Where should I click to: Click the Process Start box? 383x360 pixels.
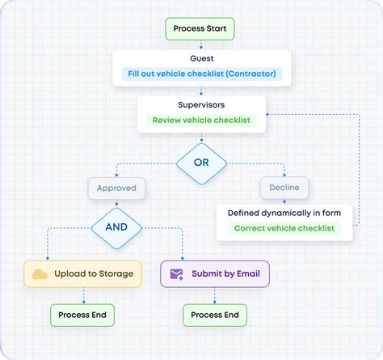point(200,29)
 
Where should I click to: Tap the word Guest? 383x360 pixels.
point(201,59)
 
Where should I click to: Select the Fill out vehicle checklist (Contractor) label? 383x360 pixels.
point(201,74)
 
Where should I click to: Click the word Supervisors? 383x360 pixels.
point(201,105)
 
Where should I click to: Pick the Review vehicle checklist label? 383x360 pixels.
point(201,121)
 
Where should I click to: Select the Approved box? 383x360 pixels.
point(117,188)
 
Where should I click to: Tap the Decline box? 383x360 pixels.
point(284,188)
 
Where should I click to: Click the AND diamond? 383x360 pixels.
point(117,227)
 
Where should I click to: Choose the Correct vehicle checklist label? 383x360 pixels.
point(284,228)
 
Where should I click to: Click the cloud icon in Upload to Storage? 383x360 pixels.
point(39,274)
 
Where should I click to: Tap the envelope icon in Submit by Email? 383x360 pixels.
point(176,274)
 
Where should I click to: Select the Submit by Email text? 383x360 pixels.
point(225,274)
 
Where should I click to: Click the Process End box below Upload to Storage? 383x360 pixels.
point(82,315)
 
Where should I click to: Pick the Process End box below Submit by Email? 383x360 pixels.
point(214,315)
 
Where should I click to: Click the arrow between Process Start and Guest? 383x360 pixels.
point(200,45)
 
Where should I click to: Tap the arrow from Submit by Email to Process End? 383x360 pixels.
point(214,296)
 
